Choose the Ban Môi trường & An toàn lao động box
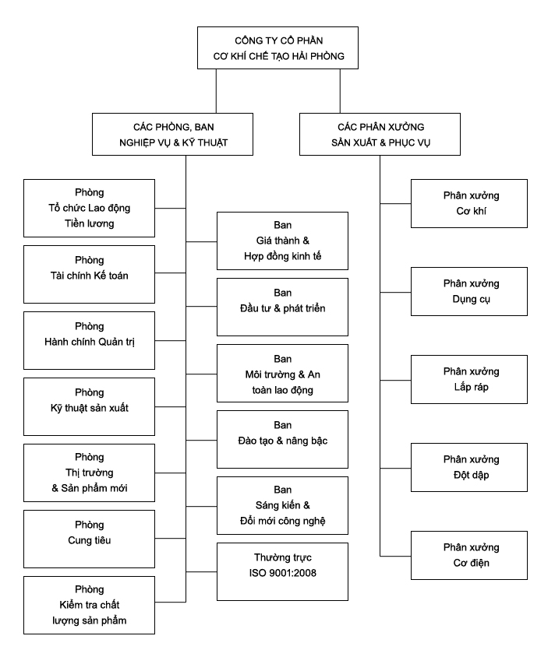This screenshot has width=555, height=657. [282, 373]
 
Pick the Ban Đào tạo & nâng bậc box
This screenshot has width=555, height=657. [282, 439]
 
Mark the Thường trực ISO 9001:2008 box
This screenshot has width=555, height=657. [282, 571]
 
